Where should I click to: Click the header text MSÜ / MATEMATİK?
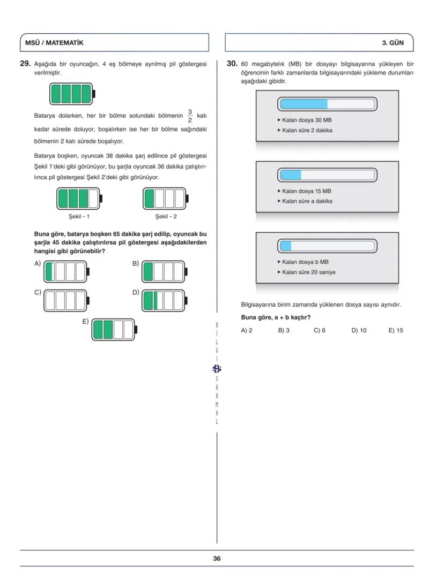[54, 43]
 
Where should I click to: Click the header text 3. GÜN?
[393, 43]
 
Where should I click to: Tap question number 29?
[25, 64]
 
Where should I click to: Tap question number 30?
[232, 64]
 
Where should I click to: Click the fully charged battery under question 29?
[72, 94]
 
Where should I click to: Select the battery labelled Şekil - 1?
[78, 199]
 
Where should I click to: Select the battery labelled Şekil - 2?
[166, 199]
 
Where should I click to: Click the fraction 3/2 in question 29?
[189, 116]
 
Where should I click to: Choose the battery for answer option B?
[164, 272]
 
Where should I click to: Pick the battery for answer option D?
[164, 300]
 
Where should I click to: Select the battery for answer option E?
[114, 329]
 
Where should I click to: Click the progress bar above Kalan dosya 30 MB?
[327, 104]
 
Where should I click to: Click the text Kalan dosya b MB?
[305, 262]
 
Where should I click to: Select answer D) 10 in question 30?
[359, 330]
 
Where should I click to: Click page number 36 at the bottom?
[217, 558]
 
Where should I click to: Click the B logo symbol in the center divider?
[217, 368]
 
